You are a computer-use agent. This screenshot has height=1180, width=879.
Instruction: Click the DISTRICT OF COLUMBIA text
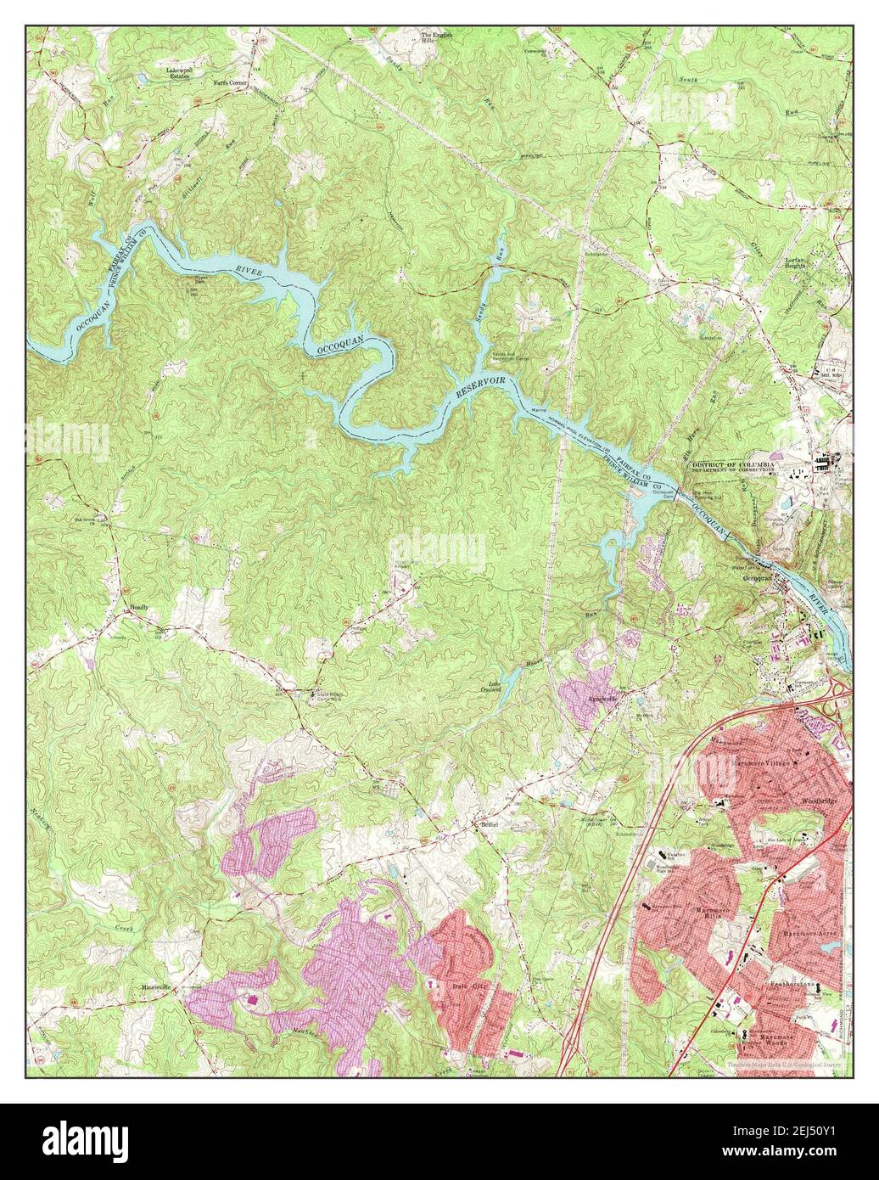pos(728,465)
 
